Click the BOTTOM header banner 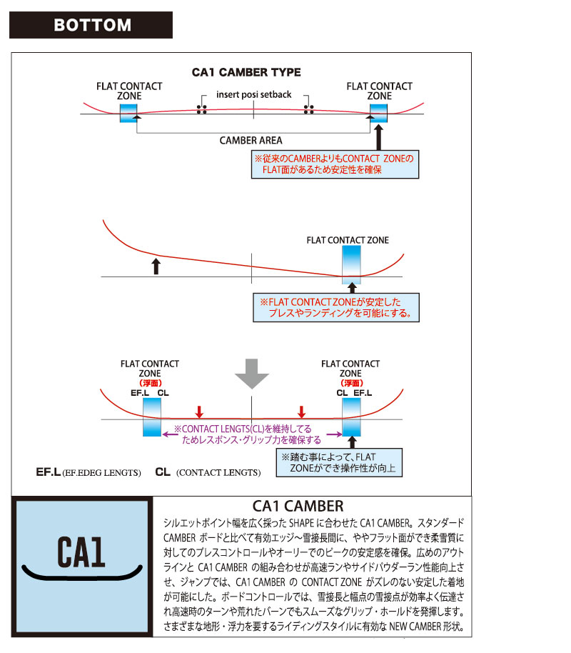coord(91,25)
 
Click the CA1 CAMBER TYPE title coord(246,72)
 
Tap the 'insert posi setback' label coord(254,94)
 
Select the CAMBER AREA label coord(251,140)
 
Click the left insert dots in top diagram coord(202,109)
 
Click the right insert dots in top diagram coord(309,109)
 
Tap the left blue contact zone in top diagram coord(128,113)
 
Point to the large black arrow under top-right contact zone coord(378,137)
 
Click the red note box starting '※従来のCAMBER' coord(335,164)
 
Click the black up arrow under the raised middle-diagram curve coord(156,266)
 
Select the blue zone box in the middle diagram coord(351,265)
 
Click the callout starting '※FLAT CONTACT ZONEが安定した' coord(336,308)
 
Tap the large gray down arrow coord(252,374)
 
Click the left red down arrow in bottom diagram coord(199,412)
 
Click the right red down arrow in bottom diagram coord(302,412)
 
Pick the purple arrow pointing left coord(170,434)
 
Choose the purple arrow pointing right coord(334,434)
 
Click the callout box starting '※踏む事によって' coord(339,463)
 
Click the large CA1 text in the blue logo coord(81,552)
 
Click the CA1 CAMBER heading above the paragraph coord(298,506)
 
